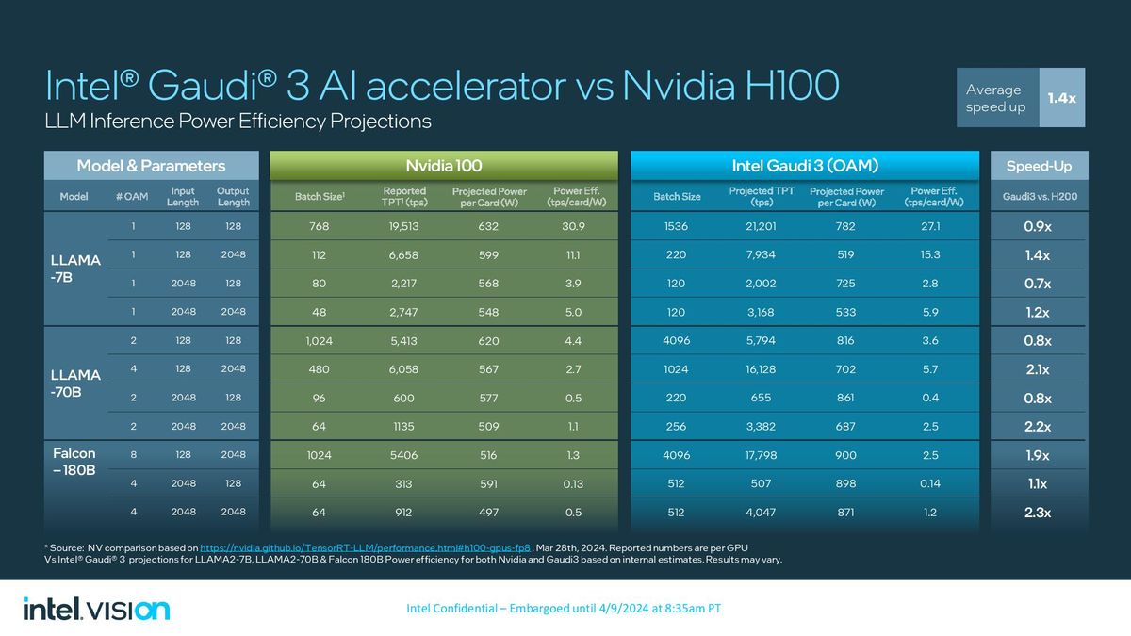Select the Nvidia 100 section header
point(443,166)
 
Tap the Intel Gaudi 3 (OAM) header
point(805,166)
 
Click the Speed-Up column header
point(1038,166)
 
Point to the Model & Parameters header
point(151,166)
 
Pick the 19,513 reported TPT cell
point(403,227)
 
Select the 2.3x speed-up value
point(1037,513)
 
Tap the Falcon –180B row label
point(74,462)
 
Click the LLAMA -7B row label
point(74,269)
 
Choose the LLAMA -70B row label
point(74,383)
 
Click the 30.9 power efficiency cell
point(574,227)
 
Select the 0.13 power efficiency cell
point(574,483)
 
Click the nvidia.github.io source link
point(367,546)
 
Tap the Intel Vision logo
point(96,609)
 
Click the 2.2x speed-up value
point(1037,427)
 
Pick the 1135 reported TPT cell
point(403,427)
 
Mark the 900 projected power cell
point(845,455)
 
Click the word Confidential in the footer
point(470,609)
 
